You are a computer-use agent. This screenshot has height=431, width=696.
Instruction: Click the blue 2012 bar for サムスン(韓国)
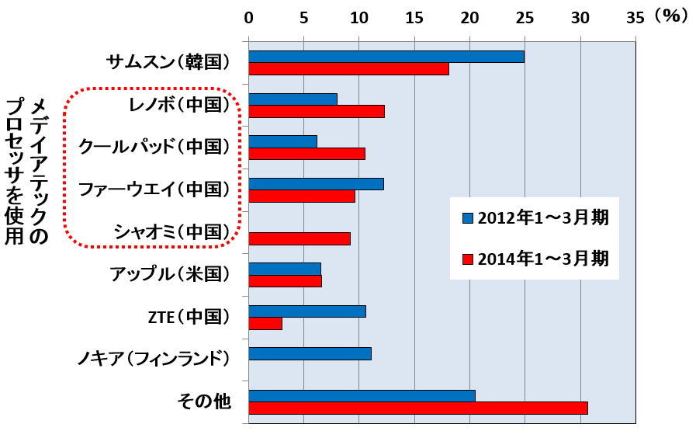tap(386, 57)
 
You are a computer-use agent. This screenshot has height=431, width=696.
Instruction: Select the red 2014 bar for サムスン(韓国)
tap(348, 69)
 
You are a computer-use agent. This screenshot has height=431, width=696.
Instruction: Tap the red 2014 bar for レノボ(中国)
tap(316, 111)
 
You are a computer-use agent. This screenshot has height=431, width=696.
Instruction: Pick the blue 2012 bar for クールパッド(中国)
tap(282, 141)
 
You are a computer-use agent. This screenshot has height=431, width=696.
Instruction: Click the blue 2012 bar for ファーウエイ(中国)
tap(316, 184)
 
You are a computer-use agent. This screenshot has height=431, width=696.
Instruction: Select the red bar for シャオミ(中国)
tap(299, 238)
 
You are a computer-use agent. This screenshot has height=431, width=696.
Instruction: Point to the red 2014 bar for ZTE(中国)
tap(265, 323)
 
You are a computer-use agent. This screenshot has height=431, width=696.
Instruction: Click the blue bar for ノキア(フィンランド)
tap(310, 353)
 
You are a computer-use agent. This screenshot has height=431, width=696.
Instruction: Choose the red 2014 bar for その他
tap(417, 408)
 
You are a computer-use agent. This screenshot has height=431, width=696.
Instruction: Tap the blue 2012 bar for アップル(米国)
tap(284, 269)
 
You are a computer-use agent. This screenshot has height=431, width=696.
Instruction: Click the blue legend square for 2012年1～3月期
tap(467, 217)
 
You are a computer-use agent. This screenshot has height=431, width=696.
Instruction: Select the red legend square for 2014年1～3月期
tap(467, 258)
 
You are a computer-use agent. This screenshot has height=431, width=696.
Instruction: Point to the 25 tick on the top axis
tap(525, 17)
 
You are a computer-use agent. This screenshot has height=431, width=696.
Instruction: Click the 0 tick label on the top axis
tap(248, 17)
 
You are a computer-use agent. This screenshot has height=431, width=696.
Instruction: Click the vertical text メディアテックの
tap(37, 171)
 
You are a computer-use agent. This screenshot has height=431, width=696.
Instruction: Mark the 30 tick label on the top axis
tap(580, 17)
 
